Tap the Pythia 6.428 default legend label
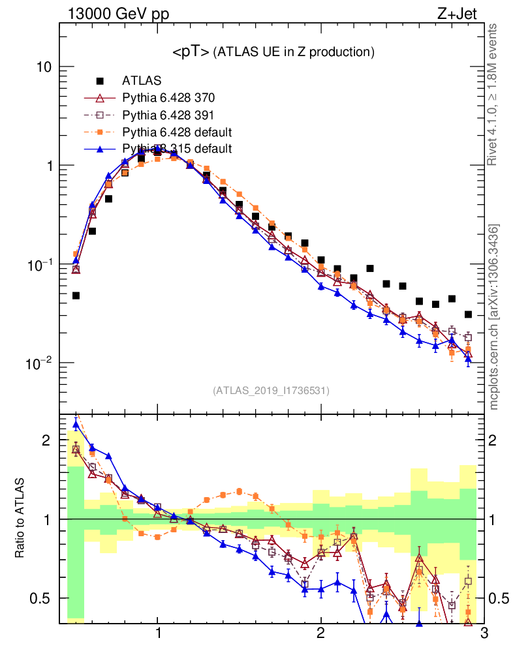pos(176,132)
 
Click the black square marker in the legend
pos(101,82)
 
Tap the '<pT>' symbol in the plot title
pos(191,52)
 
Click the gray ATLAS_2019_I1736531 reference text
pos(271,391)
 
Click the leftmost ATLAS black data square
pos(76,296)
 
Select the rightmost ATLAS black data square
pos(468,314)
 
